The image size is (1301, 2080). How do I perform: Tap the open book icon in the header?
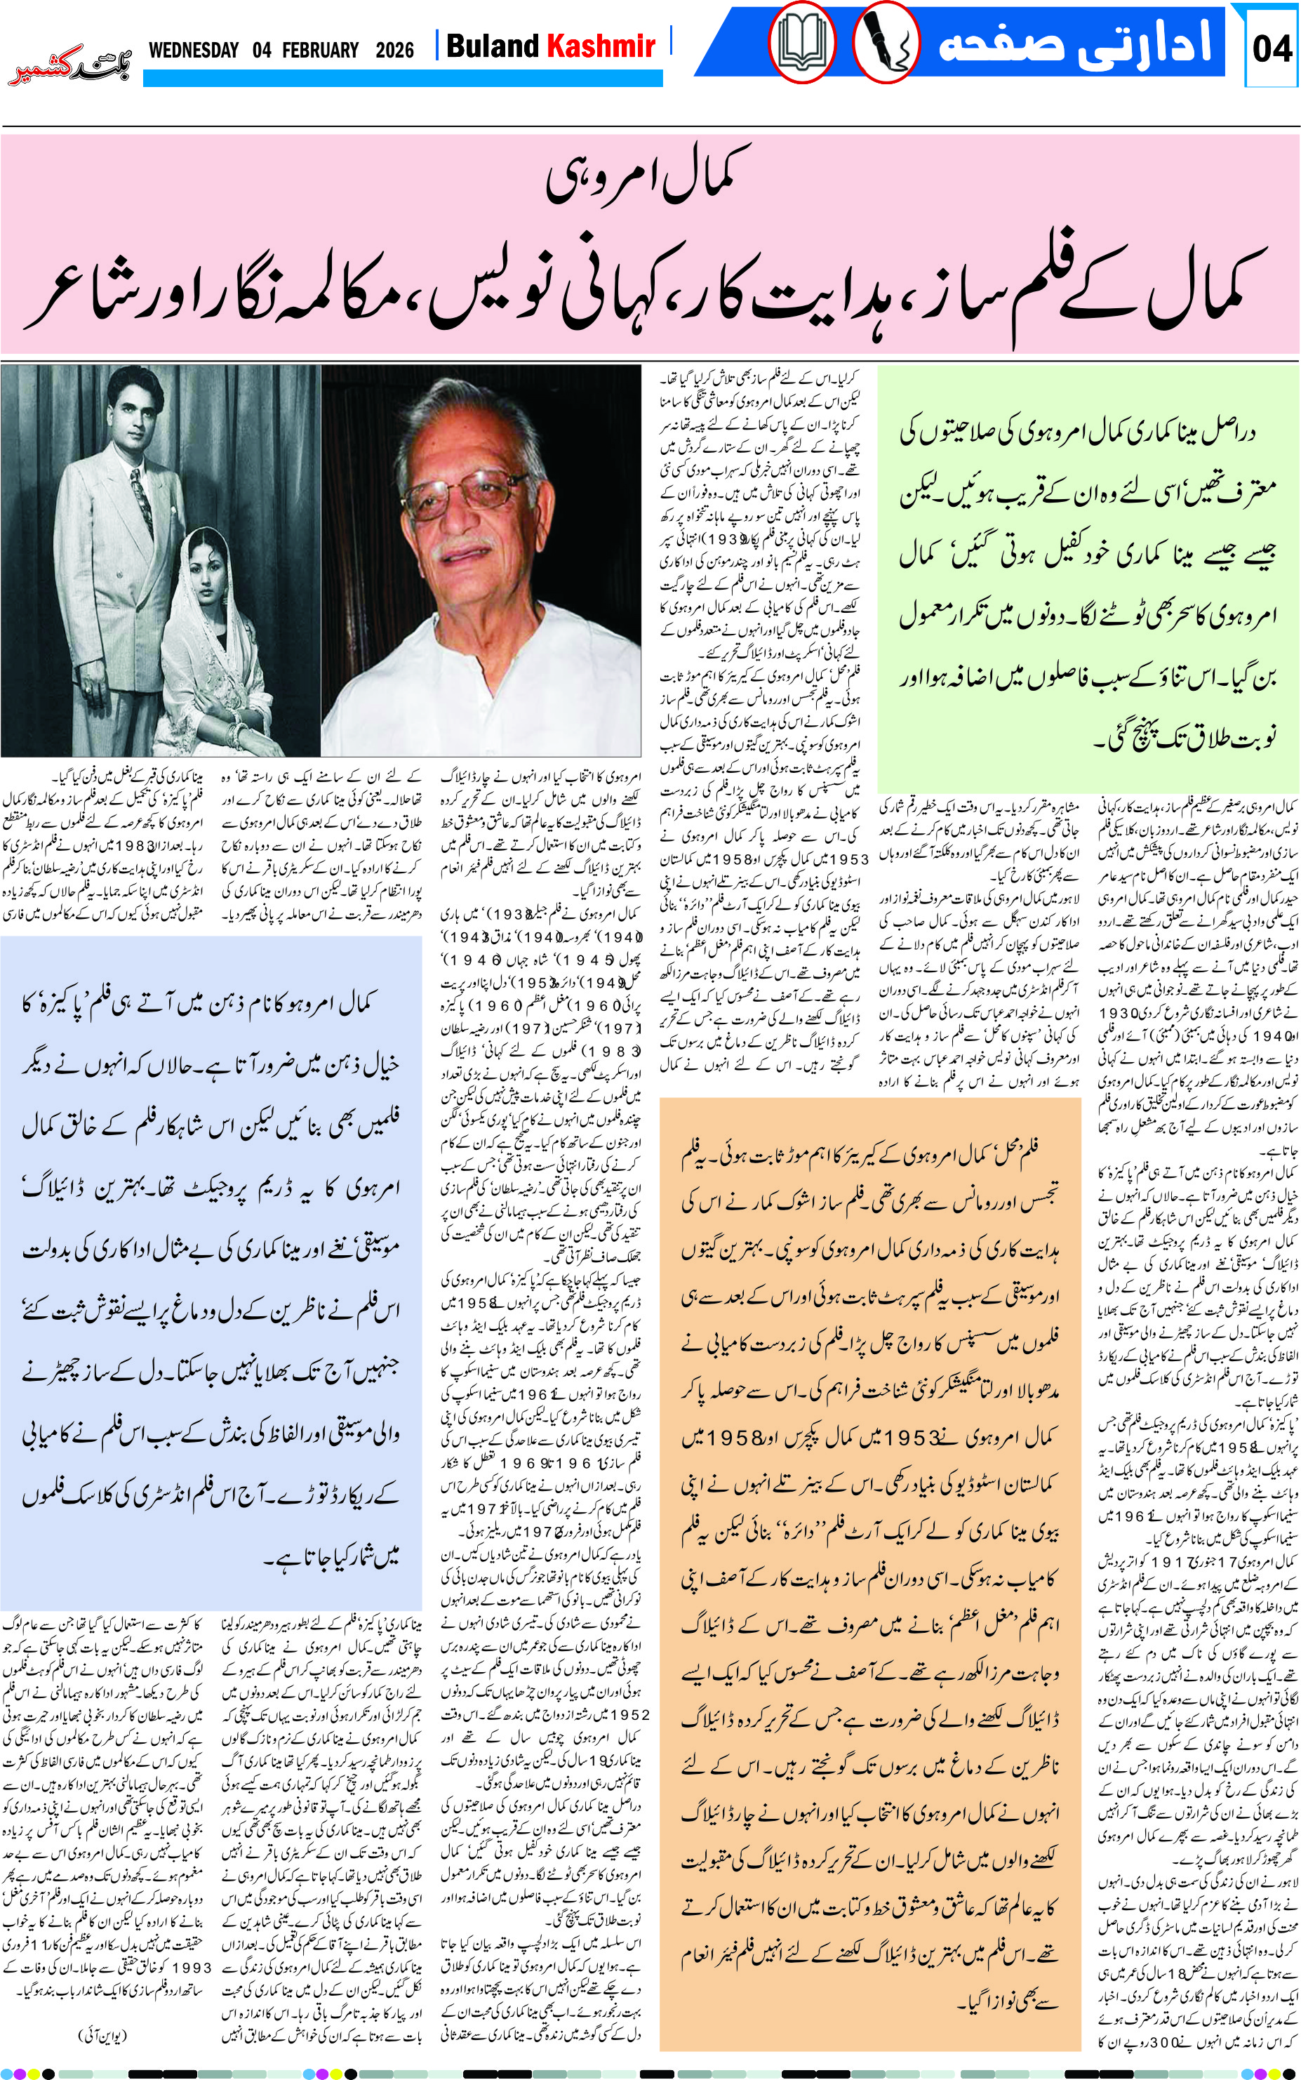point(802,43)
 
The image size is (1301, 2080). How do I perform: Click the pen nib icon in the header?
point(886,43)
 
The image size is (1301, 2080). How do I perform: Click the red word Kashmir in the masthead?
point(601,46)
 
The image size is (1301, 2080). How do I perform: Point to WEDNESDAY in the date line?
point(194,51)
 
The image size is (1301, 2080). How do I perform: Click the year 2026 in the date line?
point(394,51)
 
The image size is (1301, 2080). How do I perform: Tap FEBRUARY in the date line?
point(320,51)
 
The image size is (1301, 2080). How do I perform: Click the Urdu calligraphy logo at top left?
point(69,65)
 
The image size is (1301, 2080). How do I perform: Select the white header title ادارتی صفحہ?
point(1076,43)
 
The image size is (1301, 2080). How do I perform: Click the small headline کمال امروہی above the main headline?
point(650,176)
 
